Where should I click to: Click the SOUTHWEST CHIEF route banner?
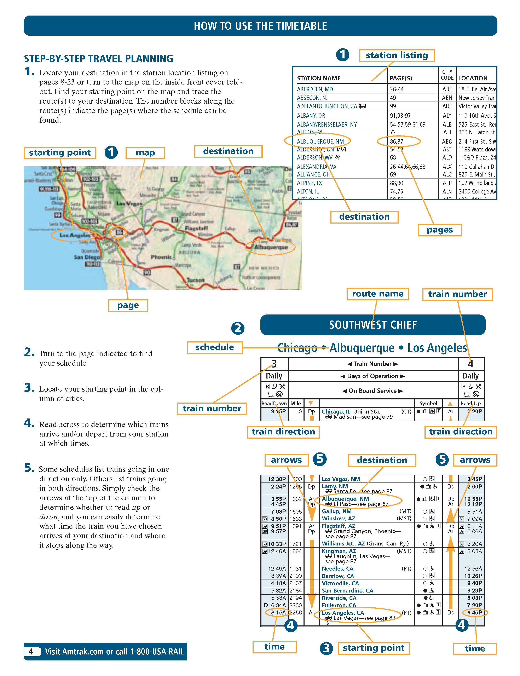373,325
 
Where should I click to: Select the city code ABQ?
447,141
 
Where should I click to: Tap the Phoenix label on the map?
161,257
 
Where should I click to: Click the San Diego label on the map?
86,257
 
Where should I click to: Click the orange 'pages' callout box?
440,230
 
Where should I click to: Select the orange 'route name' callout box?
378,294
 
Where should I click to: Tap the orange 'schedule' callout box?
214,347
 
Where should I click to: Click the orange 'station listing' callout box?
397,55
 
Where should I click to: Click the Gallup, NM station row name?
336,511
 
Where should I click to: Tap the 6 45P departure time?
474,613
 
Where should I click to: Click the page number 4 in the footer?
31,652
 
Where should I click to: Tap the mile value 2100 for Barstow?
296,576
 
